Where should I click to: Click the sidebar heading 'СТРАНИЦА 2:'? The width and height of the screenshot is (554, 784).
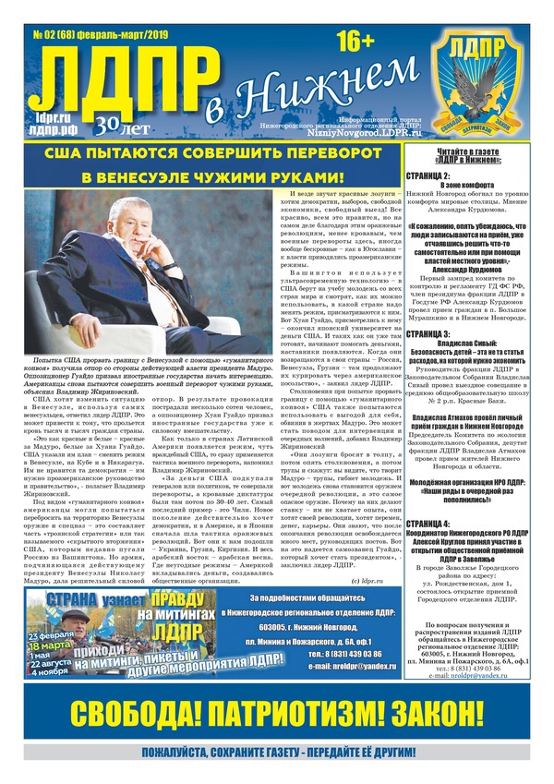pyautogui.click(x=430, y=175)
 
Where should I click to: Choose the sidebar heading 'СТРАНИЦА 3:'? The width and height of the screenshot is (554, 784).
pyautogui.click(x=430, y=333)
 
